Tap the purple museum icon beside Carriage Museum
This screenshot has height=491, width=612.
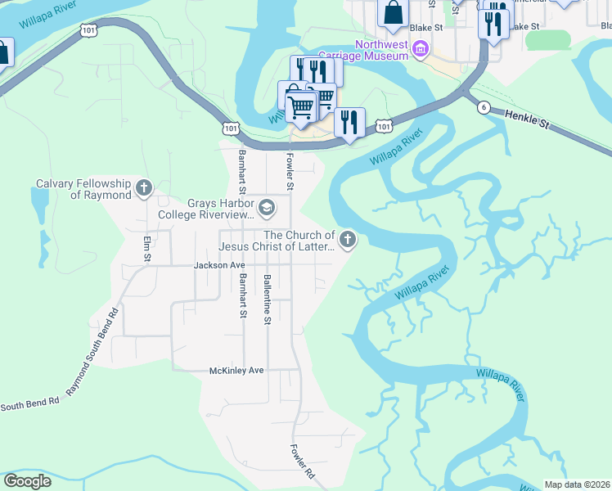click(421, 49)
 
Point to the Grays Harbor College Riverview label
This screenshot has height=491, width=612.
click(220, 209)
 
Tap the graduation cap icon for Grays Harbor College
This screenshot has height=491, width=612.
click(266, 209)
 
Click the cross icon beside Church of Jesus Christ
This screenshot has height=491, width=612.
click(348, 241)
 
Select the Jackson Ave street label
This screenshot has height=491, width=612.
click(219, 265)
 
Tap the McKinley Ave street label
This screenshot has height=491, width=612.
click(237, 370)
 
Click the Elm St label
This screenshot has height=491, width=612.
click(147, 250)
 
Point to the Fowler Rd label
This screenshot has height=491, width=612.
click(302, 462)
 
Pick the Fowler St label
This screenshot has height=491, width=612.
click(289, 170)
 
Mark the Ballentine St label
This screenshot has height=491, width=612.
click(267, 300)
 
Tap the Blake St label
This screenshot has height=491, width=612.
click(426, 27)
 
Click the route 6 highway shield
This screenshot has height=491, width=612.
click(484, 107)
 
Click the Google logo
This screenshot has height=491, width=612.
click(27, 481)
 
